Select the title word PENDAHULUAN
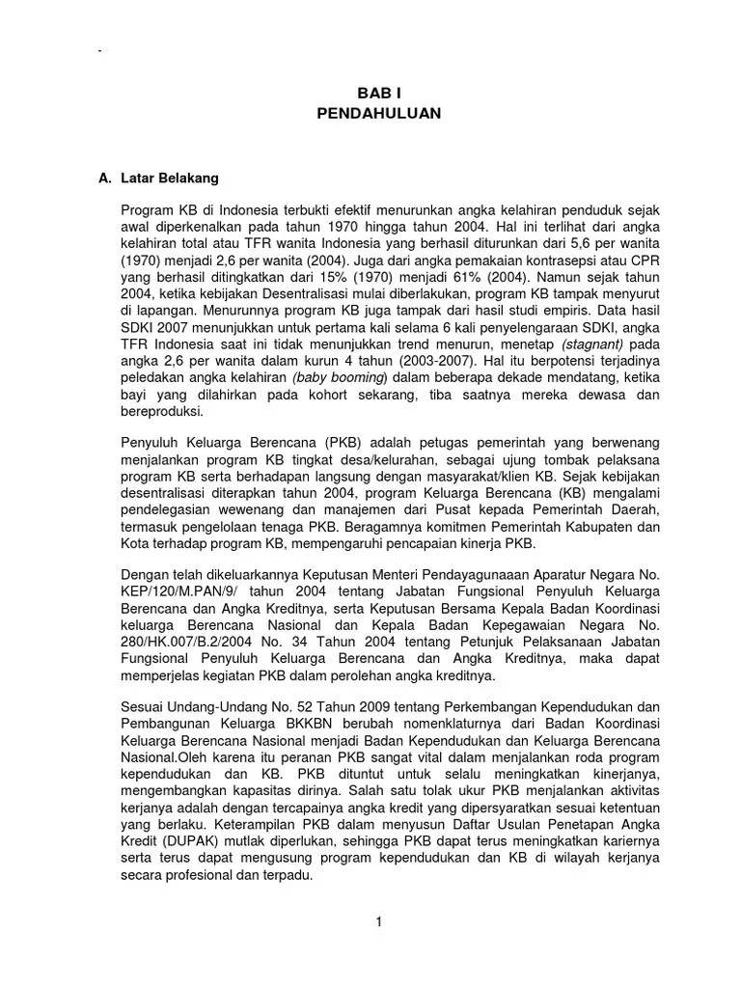pos(378,113)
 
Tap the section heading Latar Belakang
pos(170,178)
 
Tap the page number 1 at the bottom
pos(379,921)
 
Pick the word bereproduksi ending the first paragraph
pos(162,411)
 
